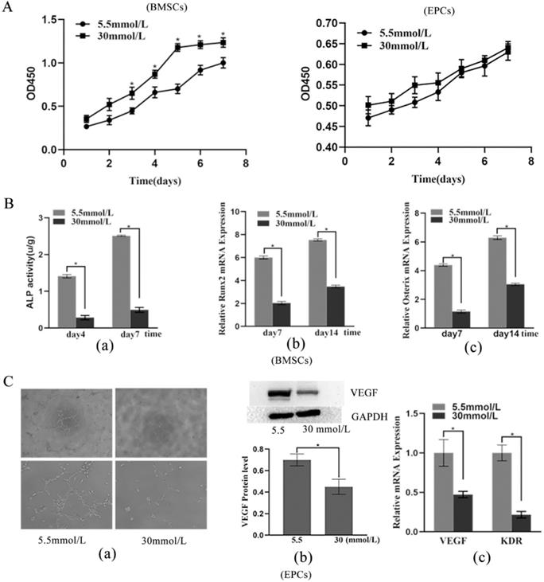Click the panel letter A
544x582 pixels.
pyautogui.click(x=10, y=7)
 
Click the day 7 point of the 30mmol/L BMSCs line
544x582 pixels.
pyautogui.click(x=223, y=42)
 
